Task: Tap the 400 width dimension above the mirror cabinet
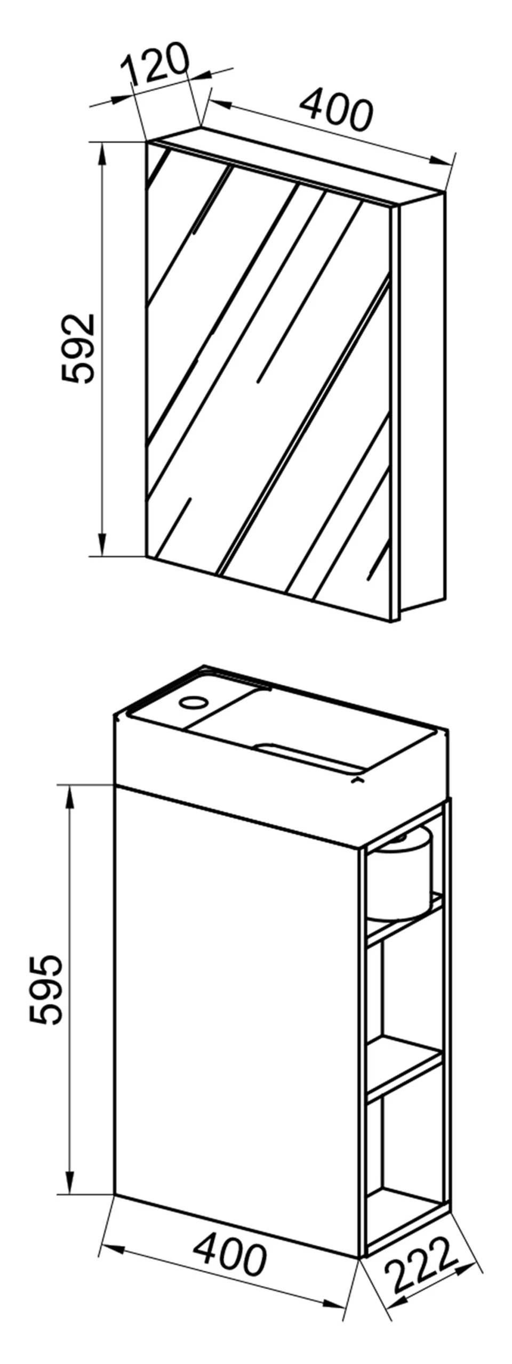tap(335, 111)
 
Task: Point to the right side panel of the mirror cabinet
tap(422, 402)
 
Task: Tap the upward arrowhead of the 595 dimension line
tap(69, 797)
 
